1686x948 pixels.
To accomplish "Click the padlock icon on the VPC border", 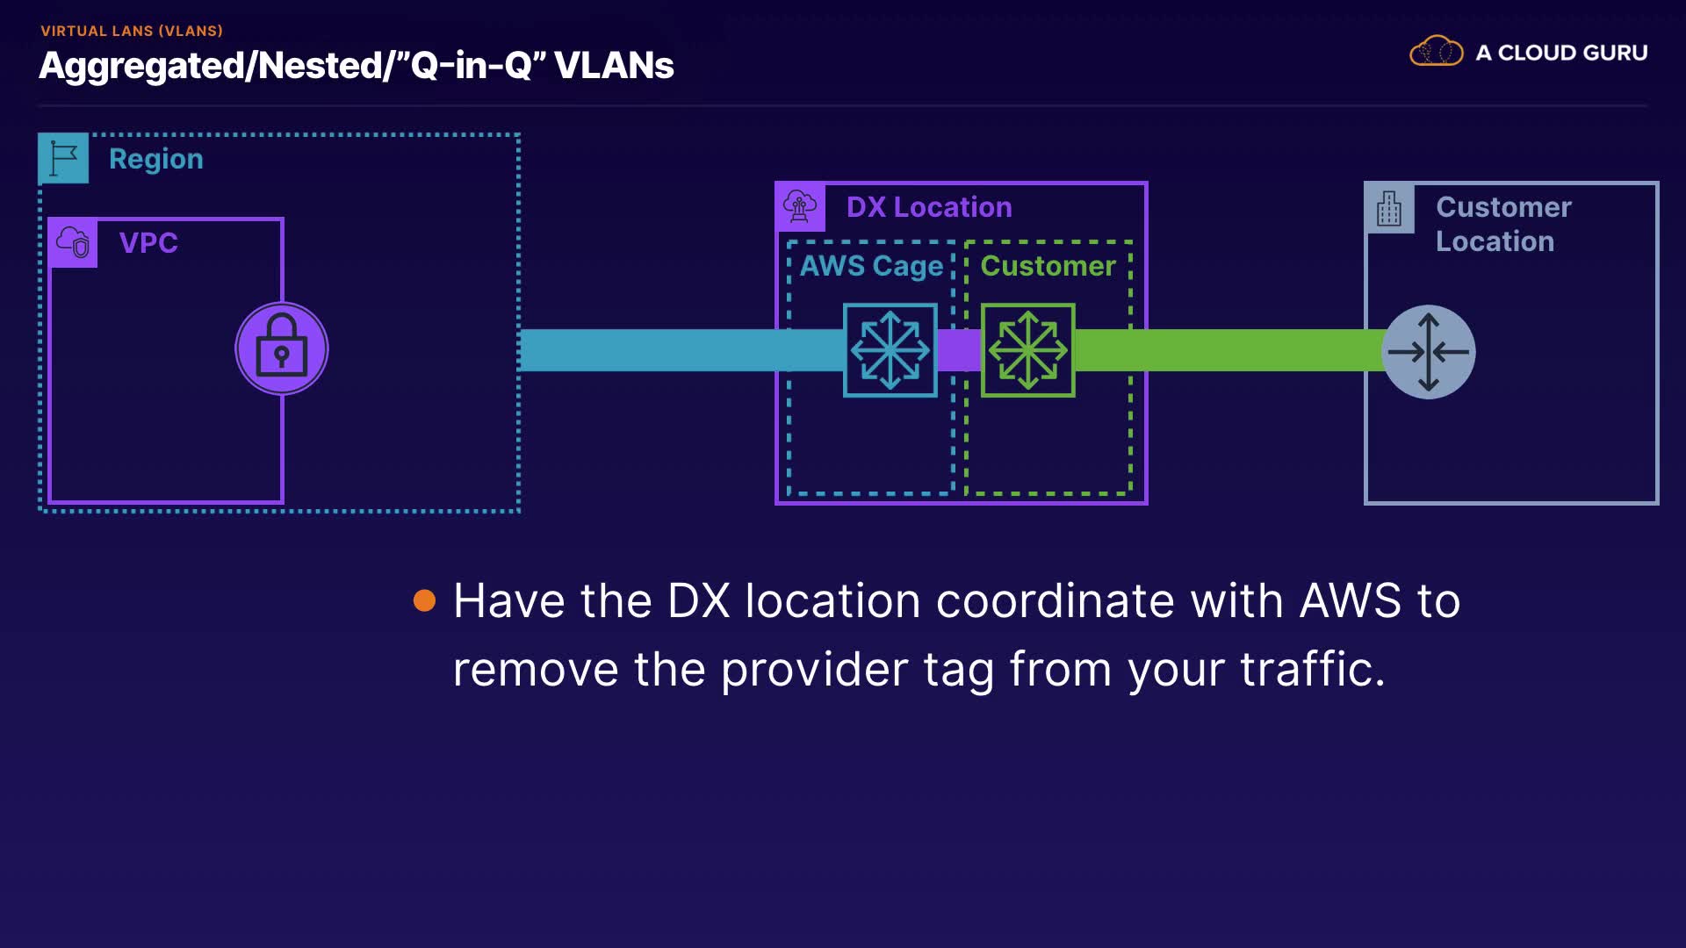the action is coord(282,349).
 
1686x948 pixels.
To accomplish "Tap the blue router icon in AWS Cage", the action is coord(890,350).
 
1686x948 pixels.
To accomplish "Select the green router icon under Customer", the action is coord(1028,350).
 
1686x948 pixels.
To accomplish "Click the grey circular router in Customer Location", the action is coord(1429,352).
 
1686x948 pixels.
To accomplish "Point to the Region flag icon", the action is coord(63,159).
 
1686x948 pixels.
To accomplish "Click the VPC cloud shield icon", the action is coord(73,243).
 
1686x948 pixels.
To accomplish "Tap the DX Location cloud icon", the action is coord(800,207).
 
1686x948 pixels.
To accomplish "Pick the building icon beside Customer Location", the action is coord(1389,209).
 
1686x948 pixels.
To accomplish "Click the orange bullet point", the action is coord(425,600).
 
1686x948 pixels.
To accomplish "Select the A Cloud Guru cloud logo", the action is coord(1437,52).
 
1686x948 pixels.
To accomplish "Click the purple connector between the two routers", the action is coord(959,350).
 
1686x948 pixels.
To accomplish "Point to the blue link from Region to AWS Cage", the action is coord(681,350).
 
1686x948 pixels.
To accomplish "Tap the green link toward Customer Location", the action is coord(1229,350).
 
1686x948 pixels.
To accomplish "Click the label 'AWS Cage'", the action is coord(871,266).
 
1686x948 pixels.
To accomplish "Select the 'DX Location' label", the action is coord(929,207).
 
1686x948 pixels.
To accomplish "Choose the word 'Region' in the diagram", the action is coord(156,160).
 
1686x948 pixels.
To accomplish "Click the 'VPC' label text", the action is coord(148,243).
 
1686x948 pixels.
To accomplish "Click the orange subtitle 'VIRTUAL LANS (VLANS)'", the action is coord(132,31).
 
